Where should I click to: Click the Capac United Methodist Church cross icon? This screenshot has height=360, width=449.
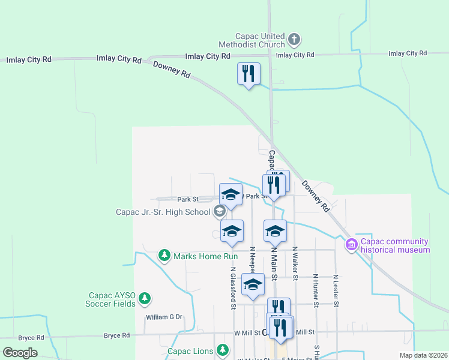click(294, 40)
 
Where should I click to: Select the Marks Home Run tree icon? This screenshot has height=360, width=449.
click(163, 256)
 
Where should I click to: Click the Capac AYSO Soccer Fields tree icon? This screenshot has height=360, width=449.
click(144, 298)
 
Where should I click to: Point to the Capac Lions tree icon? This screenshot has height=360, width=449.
click(223, 350)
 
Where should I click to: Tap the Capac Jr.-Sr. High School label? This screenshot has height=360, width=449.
click(163, 211)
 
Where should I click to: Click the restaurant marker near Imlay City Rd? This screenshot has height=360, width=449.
click(249, 74)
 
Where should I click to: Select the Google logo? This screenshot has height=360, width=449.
click(20, 353)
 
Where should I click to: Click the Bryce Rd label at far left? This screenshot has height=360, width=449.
click(31, 338)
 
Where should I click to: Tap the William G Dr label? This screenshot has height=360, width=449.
click(163, 317)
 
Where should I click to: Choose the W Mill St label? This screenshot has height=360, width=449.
click(246, 332)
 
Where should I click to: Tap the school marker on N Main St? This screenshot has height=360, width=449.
click(275, 231)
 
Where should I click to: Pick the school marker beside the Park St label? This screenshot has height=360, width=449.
click(231, 194)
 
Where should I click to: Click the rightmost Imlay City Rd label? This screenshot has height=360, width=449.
click(408, 53)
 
